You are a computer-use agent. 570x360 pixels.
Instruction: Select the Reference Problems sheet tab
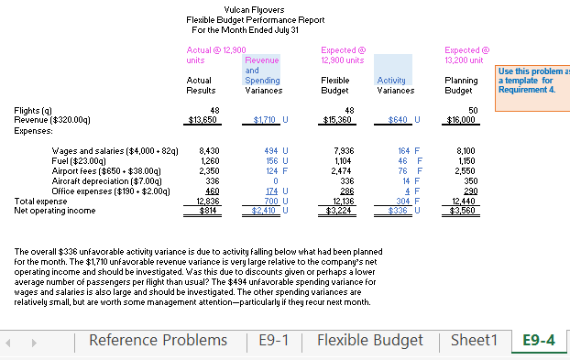[x=158, y=341]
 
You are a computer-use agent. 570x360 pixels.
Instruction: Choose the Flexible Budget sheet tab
[x=370, y=341]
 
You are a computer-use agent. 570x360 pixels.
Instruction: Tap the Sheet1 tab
[x=475, y=341]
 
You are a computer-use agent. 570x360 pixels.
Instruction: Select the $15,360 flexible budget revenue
[x=336, y=119]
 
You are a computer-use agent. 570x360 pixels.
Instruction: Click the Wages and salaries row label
[x=115, y=149]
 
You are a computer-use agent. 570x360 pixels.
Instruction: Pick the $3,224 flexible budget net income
[x=337, y=210]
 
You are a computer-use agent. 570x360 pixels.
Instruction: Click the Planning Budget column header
[x=458, y=85]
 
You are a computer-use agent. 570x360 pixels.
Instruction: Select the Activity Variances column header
[x=396, y=85]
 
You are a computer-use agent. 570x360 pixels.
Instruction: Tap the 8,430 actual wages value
[x=208, y=149]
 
